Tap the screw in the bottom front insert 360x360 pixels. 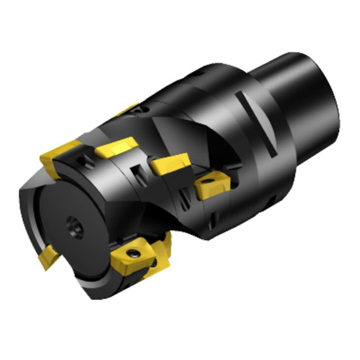coord(133,253)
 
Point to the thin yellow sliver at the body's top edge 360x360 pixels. coord(128,109)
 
